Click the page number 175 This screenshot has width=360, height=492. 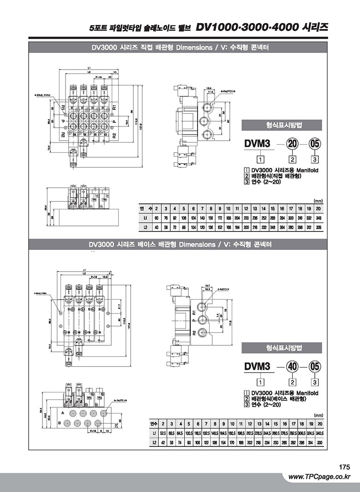344,467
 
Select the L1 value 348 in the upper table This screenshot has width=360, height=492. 318,217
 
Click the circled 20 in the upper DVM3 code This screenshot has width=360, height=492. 292,144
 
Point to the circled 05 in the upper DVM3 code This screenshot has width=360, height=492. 315,144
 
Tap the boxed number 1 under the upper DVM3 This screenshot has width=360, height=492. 261,160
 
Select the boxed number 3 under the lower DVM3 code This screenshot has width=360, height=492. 315,382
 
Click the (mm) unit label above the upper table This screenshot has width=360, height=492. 318,201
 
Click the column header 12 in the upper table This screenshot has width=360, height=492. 246,208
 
